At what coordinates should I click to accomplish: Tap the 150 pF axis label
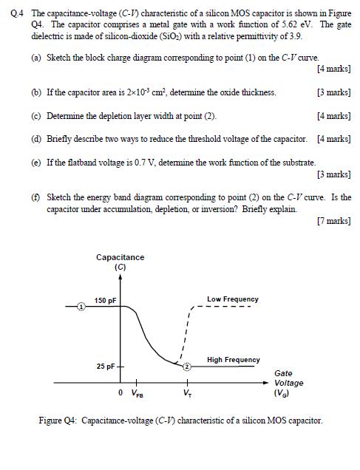[106, 300]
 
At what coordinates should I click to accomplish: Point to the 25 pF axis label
[104, 367]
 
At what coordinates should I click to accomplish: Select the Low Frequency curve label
[233, 299]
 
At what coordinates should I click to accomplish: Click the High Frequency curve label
[234, 360]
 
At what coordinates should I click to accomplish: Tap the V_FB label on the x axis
[138, 393]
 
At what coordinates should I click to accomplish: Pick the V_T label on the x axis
[188, 393]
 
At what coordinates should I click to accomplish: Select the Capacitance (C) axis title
[120, 262]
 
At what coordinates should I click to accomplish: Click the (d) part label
[36, 139]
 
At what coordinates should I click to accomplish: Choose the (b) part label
[36, 92]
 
